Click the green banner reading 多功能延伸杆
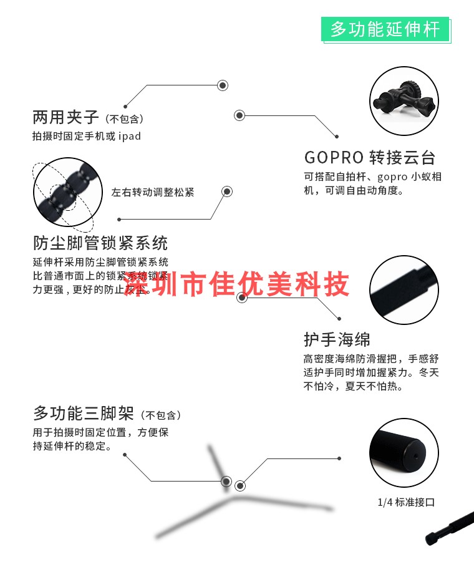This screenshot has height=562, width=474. click(x=385, y=29)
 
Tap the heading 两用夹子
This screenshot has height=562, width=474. click(x=65, y=117)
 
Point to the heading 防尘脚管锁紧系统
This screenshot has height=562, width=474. click(x=100, y=243)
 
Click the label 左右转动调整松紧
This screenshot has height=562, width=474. click(x=153, y=192)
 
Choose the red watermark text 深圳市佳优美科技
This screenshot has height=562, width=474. click(x=237, y=285)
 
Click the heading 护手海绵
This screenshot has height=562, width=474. click(x=337, y=340)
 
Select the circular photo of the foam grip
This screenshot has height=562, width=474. click(x=404, y=289)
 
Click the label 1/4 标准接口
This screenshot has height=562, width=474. click(x=405, y=502)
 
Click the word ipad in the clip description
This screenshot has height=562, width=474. click(x=130, y=136)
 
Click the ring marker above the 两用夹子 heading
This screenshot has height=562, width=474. click(x=222, y=85)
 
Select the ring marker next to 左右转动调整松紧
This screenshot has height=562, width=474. click(x=227, y=191)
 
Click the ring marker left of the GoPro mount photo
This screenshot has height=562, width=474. click(x=239, y=115)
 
